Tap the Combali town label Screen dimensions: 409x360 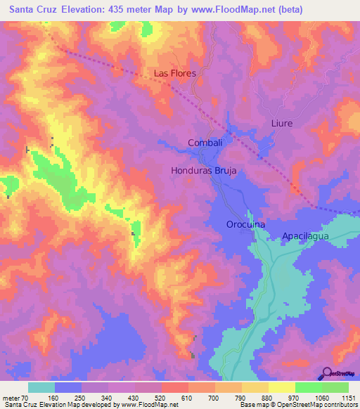click(x=205, y=143)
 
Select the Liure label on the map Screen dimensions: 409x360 click(x=281, y=123)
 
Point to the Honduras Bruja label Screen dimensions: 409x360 click(x=203, y=170)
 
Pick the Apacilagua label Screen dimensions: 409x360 click(x=310, y=237)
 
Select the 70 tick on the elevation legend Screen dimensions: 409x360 click(x=25, y=398)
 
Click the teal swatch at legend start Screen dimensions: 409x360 click(x=41, y=387)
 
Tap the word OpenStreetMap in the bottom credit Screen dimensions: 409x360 click(x=300, y=405)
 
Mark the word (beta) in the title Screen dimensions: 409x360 click(x=337, y=9)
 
